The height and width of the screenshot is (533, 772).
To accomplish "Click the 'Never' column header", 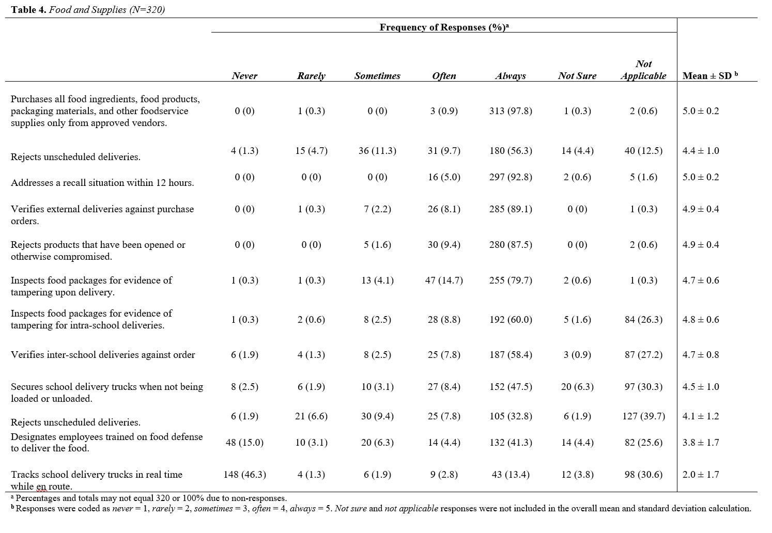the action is (x=244, y=76).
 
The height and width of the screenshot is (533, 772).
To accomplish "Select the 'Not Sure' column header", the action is (x=577, y=76).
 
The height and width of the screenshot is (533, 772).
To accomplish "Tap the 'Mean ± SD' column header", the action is (x=711, y=75).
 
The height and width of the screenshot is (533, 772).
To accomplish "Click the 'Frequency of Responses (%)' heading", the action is (x=444, y=27).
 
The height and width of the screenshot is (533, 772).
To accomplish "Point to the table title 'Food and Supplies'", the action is (x=87, y=10).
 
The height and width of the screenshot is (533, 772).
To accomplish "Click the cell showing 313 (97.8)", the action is (x=511, y=111).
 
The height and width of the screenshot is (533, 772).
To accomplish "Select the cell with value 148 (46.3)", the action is (x=245, y=475).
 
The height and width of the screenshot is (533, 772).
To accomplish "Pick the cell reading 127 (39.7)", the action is (x=643, y=416).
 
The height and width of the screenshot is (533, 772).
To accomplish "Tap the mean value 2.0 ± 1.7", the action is (x=701, y=475).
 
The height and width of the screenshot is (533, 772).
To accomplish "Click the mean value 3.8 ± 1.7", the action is (x=701, y=443).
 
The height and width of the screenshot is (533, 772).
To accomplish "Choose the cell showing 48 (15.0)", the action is (x=245, y=443).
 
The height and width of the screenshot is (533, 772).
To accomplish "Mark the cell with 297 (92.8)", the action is (x=511, y=177).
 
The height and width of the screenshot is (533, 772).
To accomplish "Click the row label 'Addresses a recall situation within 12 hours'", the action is (x=102, y=183).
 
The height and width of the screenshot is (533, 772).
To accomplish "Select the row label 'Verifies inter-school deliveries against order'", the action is (x=103, y=355).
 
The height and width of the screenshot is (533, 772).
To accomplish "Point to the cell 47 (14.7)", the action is (x=444, y=280).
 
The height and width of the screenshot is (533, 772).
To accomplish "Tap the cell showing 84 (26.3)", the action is (x=643, y=320).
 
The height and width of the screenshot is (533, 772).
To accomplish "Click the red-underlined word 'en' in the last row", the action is (x=41, y=487).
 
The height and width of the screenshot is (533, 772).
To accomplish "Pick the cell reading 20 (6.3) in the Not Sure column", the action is (x=577, y=387).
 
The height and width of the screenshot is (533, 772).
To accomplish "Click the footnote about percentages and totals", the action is (x=149, y=498).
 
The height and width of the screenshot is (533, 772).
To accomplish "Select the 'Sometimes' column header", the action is (x=377, y=76).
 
